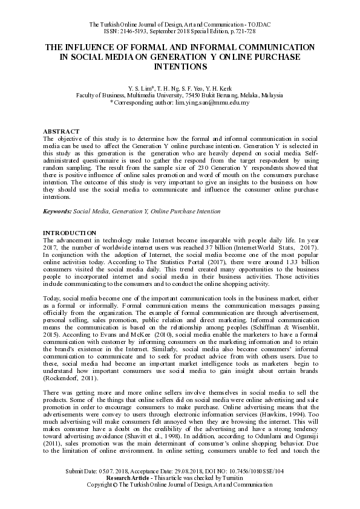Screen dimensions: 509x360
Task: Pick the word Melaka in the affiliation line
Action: coord(235,96)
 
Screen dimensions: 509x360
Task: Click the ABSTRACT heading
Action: coord(61,131)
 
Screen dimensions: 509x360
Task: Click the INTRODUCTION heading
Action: coord(69,233)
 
